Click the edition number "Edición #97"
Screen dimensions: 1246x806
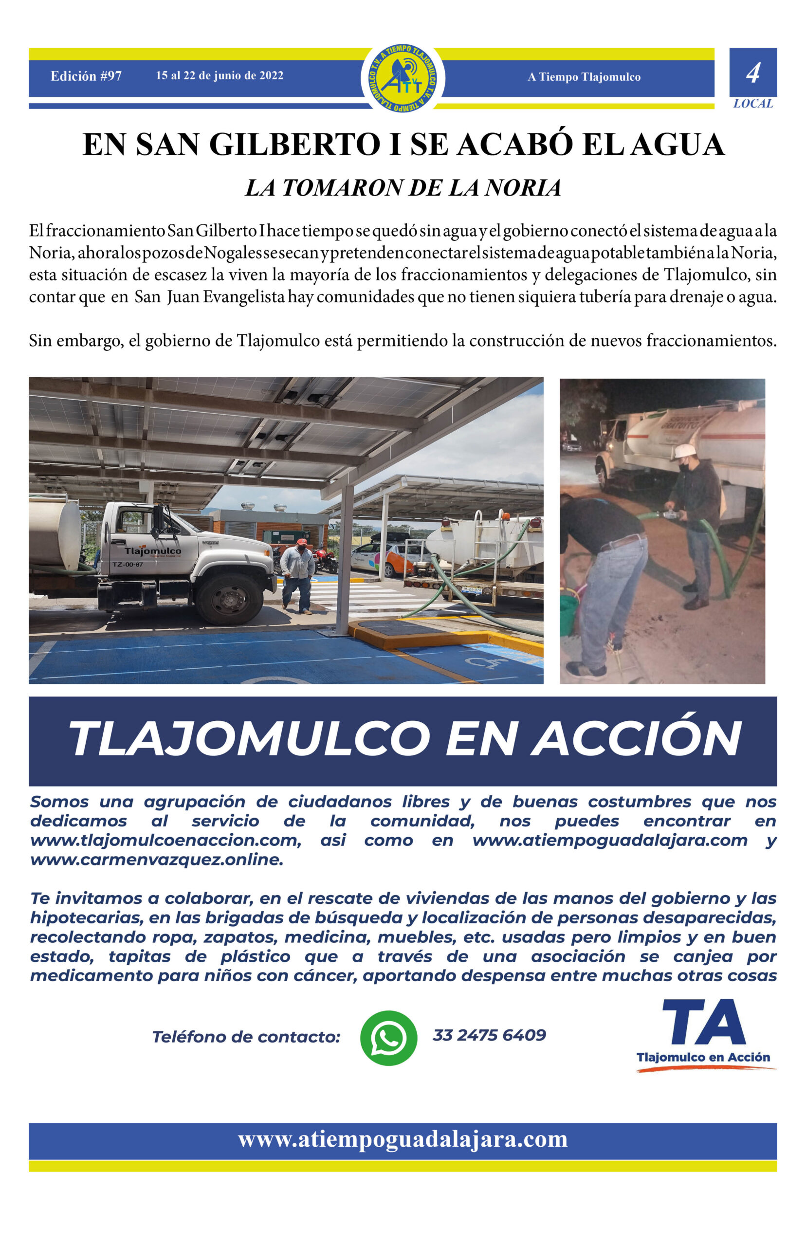click(86, 76)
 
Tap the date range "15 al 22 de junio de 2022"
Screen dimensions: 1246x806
click(220, 75)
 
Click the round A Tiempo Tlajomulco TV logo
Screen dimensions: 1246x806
click(403, 78)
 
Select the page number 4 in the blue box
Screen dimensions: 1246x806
click(752, 73)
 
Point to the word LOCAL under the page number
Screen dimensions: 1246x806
click(752, 104)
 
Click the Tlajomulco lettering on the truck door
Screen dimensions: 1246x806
click(153, 551)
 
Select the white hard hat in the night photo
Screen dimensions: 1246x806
click(683, 451)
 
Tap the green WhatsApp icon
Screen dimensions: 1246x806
click(388, 1038)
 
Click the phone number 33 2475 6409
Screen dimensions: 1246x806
click(489, 1035)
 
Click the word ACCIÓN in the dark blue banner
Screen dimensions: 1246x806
click(636, 738)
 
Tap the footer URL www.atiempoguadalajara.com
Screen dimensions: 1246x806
click(403, 1139)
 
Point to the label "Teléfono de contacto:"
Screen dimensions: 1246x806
click(246, 1037)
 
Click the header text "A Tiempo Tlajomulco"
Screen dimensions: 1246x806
click(584, 77)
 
